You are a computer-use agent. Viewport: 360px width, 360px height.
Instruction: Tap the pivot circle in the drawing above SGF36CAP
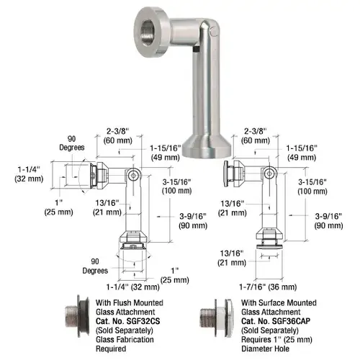tap(268, 174)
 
